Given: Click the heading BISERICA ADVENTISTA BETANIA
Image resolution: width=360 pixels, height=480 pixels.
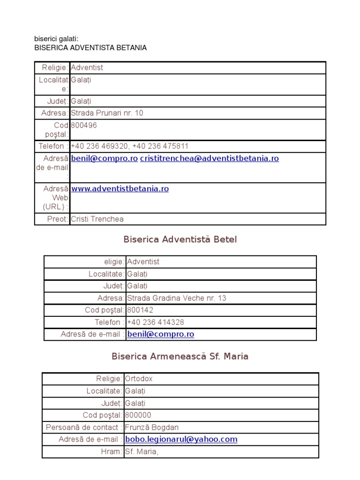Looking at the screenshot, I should pos(90,48).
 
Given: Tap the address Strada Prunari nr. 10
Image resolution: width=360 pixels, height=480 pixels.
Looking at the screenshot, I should pos(107,113).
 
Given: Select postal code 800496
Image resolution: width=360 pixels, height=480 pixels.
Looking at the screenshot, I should pos(84,126).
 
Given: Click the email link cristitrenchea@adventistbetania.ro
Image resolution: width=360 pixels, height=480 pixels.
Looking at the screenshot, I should pos(209,158).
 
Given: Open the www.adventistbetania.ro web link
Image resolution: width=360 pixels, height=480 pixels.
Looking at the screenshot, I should pos(120,189).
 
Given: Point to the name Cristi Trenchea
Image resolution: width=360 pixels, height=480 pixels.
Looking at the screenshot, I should pos(97,219).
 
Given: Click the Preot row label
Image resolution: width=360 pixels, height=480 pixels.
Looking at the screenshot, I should pos(58,219).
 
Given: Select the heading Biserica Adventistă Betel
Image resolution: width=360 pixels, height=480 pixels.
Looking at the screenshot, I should pos(180,240).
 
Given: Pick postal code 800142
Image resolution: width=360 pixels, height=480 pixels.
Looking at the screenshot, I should pos(140,310).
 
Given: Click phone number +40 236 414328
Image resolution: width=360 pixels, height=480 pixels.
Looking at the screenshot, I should pos(156,322).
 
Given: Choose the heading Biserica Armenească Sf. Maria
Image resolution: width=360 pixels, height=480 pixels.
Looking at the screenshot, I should pos(180,356).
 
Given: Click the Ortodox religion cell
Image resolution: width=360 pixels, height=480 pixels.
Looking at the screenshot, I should pos(139,379).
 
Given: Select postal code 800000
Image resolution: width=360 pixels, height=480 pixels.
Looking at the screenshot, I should pos(138,415).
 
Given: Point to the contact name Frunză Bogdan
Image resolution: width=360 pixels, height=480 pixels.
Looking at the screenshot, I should pos(152,427).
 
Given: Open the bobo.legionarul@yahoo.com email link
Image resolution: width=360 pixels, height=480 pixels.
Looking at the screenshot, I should pos(181,440).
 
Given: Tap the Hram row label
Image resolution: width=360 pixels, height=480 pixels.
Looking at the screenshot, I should pos(112,452).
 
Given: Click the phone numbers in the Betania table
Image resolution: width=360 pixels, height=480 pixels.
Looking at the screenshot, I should pos(130,146).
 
